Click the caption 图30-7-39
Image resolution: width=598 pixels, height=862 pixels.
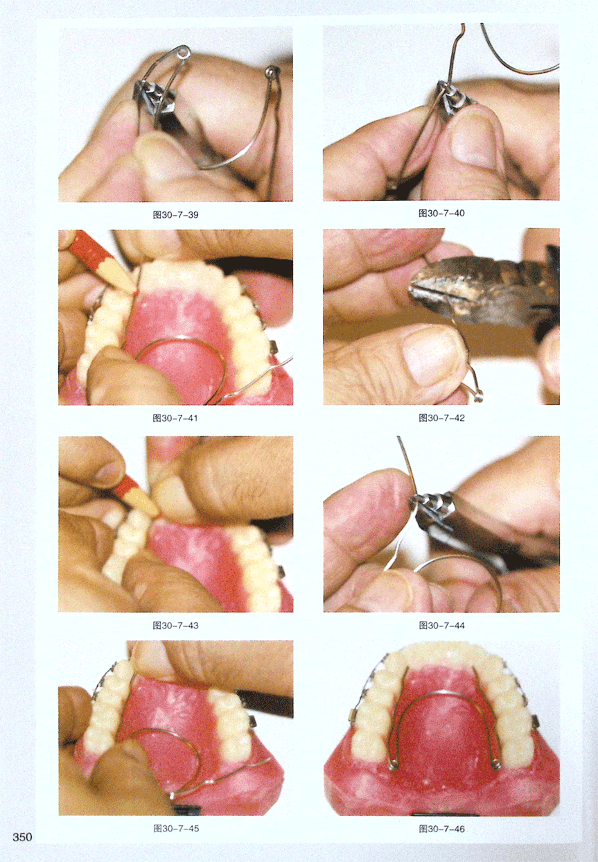point(175,215)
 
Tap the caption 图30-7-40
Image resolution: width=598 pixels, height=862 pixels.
point(441,213)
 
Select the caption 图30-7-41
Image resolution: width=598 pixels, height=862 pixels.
point(175,418)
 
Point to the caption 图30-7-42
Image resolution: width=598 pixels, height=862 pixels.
point(441,418)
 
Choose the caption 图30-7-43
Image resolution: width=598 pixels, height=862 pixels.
point(175,626)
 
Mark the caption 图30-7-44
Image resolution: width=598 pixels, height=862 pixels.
point(441,626)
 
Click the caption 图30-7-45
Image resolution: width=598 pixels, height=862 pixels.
point(176,829)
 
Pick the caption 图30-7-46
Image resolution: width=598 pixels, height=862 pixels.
point(441,829)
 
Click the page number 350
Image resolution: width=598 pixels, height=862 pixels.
point(22,837)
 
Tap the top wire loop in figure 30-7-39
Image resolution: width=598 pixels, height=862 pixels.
point(185,51)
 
